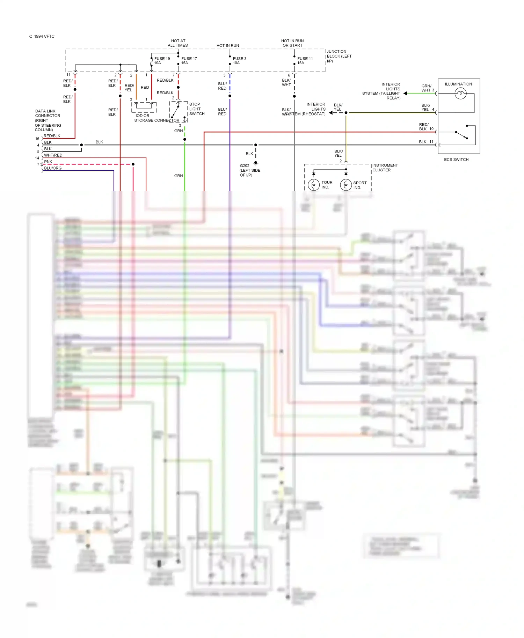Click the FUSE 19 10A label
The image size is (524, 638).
162,61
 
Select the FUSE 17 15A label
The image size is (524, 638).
189,61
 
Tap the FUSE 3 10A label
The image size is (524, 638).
239,61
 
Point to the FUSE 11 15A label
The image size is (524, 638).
305,61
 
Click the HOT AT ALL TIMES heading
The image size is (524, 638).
178,43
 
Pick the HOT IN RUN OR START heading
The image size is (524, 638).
292,43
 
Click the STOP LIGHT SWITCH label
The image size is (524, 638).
197,109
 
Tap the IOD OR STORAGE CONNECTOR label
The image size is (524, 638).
157,118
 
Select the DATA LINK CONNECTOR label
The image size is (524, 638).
48,120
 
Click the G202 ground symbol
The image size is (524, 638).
256,163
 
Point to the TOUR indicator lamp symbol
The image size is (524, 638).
313,185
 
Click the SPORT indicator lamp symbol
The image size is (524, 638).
346,185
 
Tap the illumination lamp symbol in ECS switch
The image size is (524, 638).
460,93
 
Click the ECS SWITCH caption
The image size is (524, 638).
456,159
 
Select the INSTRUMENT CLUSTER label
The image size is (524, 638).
385,168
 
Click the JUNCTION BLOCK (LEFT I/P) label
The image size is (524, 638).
339,56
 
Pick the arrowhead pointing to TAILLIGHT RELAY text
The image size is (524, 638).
405,93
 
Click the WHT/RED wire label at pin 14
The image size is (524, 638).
53,155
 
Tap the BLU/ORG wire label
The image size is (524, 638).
53,168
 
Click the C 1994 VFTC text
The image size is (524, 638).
42,36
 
